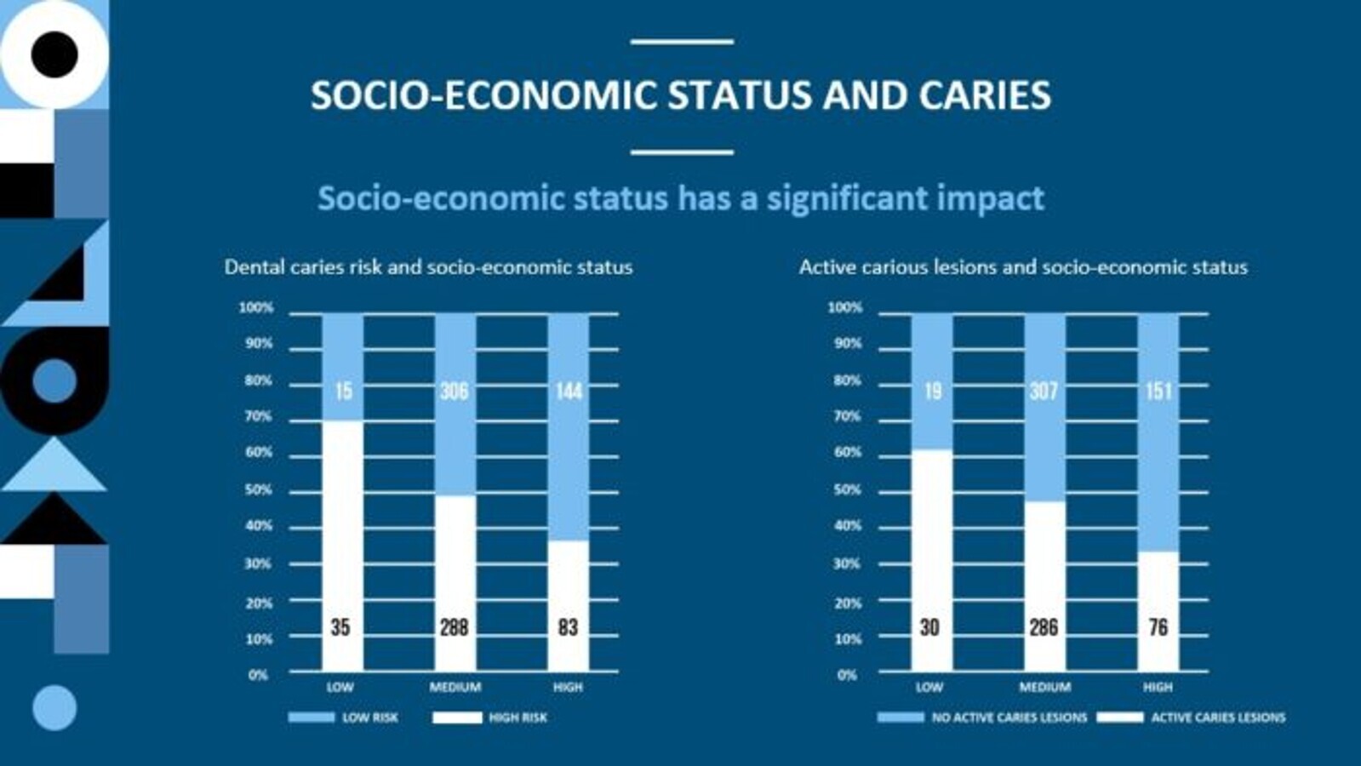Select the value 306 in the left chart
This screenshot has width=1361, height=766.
tap(455, 392)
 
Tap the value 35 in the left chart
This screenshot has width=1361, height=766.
tap(340, 627)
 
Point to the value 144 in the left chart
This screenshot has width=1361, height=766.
tap(569, 392)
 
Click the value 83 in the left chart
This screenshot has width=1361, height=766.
tap(568, 627)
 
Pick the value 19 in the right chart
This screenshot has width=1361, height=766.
tap(933, 392)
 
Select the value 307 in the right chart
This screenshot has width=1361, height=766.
tap(1044, 392)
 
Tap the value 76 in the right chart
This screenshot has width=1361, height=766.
tap(1158, 627)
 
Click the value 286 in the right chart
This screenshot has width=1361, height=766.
tap(1044, 627)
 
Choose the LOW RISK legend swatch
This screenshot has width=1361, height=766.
tap(312, 717)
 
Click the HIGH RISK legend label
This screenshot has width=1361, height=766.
tap(518, 717)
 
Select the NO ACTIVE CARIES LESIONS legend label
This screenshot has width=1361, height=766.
tap(1009, 717)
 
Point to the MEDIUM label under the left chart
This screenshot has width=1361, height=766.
tap(455, 687)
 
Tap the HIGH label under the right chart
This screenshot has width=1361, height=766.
tap(1158, 687)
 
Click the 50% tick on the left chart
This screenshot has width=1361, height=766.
tap(258, 490)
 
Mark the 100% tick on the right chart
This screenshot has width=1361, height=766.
tap(845, 307)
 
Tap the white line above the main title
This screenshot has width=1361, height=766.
tap(682, 41)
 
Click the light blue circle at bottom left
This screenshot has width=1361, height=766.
tap(54, 707)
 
